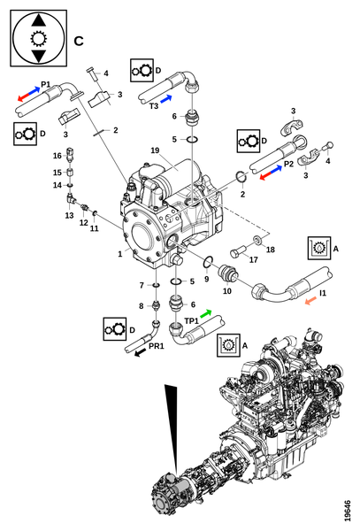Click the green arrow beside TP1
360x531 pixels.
click(x=206, y=313)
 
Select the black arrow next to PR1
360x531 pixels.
click(x=141, y=353)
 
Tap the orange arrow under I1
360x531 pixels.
click(x=310, y=301)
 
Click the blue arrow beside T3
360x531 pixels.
click(x=165, y=99)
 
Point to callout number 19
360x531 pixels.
click(x=155, y=150)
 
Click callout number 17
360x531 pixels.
click(x=254, y=259)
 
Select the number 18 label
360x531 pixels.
click(x=271, y=250)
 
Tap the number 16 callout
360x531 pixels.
click(x=57, y=156)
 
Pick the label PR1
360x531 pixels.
click(x=157, y=346)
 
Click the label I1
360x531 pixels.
click(x=323, y=293)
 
